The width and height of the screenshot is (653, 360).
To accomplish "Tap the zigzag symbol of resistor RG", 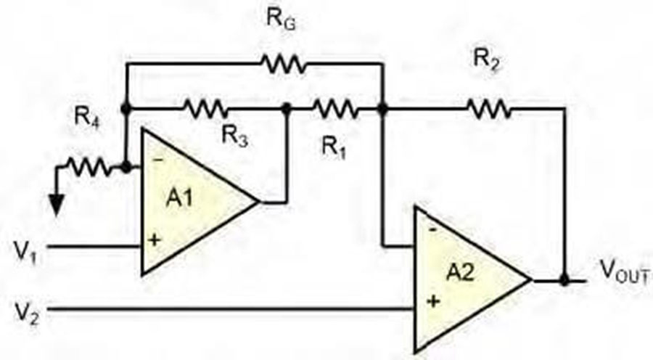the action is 283,64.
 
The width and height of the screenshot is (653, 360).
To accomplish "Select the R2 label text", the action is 486,60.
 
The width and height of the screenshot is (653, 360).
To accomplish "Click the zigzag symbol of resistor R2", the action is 489,109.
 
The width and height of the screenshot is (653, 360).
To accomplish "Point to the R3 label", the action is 235,136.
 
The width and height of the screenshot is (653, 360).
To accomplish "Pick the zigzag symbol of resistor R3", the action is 206,108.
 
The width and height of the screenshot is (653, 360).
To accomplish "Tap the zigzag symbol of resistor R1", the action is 335,109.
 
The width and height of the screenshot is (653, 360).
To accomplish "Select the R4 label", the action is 87,118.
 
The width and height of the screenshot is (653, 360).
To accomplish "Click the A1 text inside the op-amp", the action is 180,197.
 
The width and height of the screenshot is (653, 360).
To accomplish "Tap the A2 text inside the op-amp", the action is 460,274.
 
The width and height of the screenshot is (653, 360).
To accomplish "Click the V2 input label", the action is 26,314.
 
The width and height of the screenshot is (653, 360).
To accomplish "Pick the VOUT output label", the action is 624,271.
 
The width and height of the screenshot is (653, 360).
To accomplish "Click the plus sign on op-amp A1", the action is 154,240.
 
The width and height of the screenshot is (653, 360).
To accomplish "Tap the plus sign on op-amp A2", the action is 434,300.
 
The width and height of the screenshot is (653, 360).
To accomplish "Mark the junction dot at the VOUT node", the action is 564,280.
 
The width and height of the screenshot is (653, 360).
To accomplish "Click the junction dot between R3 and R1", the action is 287,109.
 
